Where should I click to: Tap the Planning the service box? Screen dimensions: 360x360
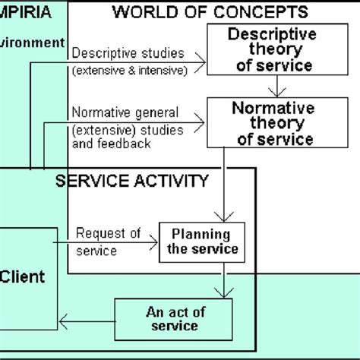204,242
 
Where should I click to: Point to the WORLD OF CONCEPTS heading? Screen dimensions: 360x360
210,11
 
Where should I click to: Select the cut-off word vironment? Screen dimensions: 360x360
32,43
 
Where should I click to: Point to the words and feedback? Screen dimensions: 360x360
110,142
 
